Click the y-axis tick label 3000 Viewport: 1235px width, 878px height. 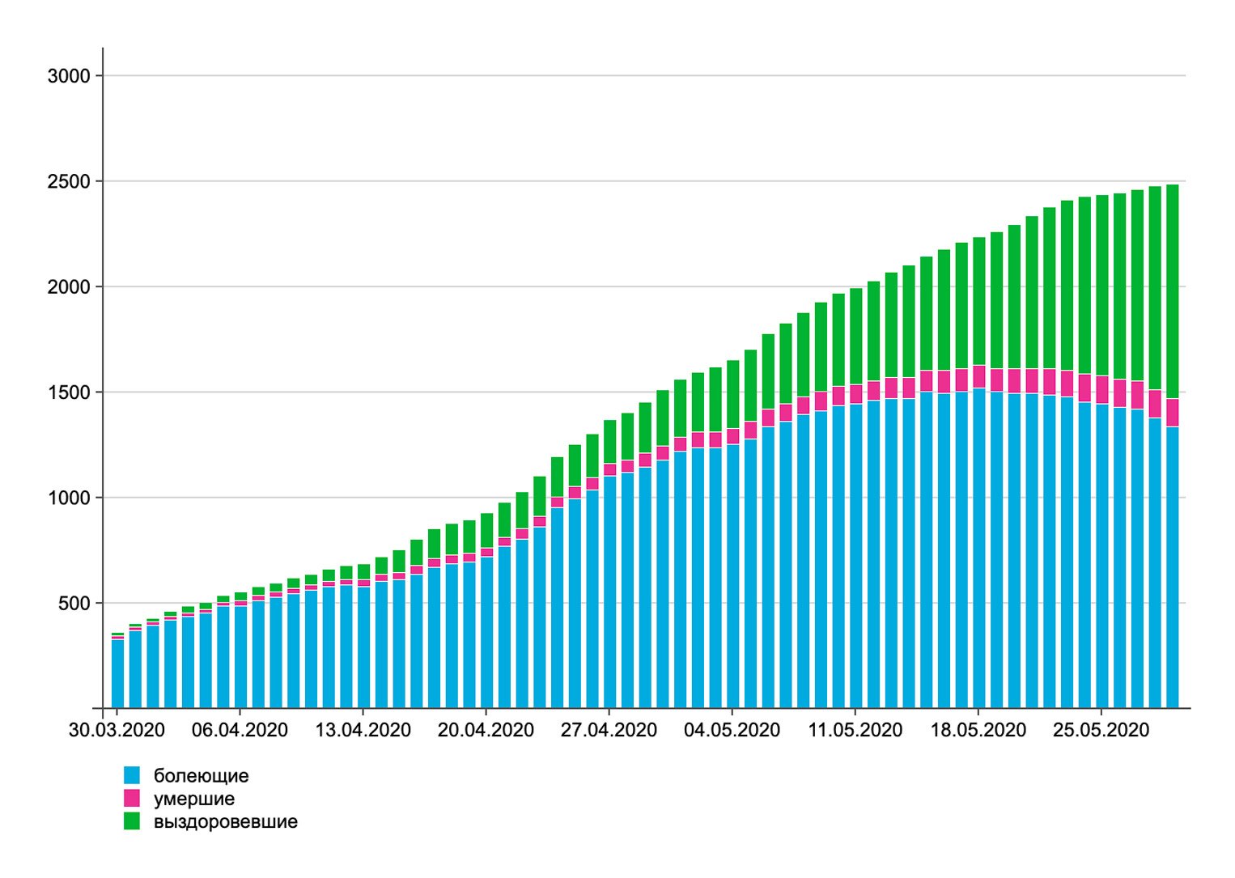tap(69, 76)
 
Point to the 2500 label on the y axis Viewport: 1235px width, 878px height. tap(69, 181)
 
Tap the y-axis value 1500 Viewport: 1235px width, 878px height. tap(69, 392)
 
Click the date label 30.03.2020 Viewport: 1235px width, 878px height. tap(117, 730)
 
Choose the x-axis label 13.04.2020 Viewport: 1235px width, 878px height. tap(363, 730)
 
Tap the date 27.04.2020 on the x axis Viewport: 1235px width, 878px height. tap(609, 730)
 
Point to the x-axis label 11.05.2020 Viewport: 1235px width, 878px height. tap(855, 730)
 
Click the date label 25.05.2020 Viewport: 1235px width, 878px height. tap(1101, 730)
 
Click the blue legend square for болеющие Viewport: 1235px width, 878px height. tap(132, 775)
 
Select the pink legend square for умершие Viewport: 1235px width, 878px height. tap(132, 798)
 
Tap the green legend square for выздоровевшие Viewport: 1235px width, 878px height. tap(132, 821)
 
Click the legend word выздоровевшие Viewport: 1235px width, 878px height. tap(226, 822)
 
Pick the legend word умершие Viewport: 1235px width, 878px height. tap(194, 800)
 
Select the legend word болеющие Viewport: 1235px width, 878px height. tap(202, 776)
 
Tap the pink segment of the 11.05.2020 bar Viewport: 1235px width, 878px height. tap(856, 394)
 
